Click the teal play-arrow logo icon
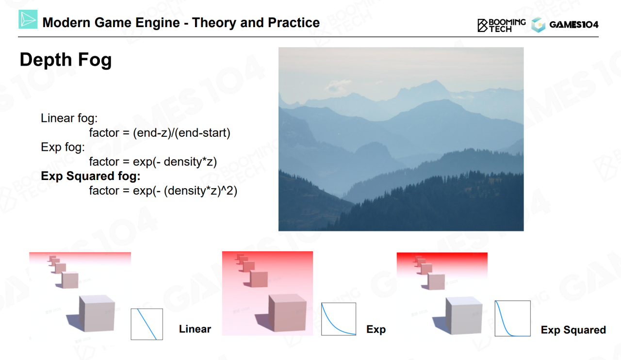click(28, 19)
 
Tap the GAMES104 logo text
click(574, 25)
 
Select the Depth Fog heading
click(65, 60)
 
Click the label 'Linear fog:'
click(69, 118)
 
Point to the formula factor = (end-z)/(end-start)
click(160, 133)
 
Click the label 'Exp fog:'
click(63, 147)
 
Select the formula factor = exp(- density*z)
click(153, 162)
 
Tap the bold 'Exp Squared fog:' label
click(91, 176)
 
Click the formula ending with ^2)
click(163, 191)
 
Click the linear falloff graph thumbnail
click(147, 324)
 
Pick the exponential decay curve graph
click(339, 319)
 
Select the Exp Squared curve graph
click(513, 318)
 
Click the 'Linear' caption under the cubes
click(195, 329)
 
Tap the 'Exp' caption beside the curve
click(376, 329)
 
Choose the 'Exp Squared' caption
click(573, 330)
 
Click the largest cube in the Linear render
click(97, 313)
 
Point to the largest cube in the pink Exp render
click(288, 313)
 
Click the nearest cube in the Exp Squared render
click(464, 315)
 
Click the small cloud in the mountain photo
click(338, 85)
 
